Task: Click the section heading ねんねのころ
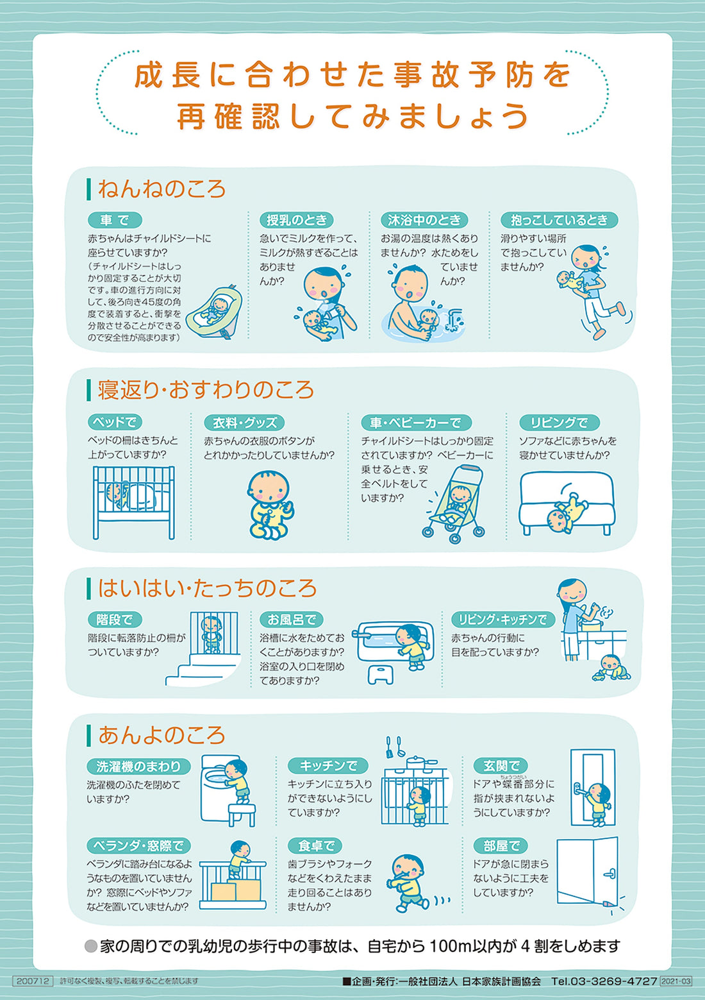[162, 189]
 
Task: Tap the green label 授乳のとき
[296, 220]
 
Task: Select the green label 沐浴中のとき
[424, 220]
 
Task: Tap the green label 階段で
[114, 620]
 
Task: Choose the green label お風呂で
[292, 620]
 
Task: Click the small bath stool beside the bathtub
[381, 674]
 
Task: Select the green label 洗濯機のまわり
[138, 766]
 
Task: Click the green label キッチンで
[328, 765]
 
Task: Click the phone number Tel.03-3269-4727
[604, 981]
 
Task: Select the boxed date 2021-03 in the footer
[676, 981]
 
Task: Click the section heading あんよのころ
[162, 735]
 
